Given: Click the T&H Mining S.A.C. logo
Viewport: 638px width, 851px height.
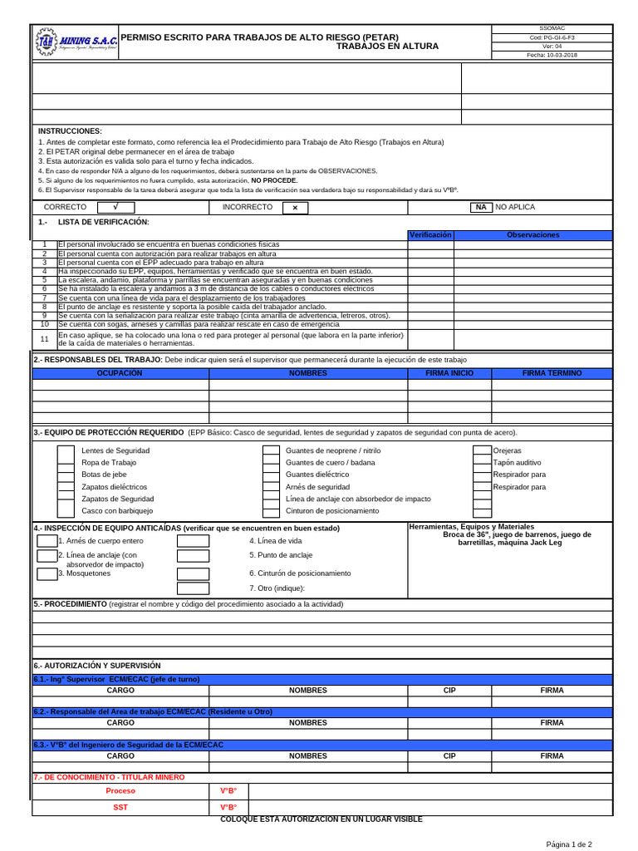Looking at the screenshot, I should tap(76, 42).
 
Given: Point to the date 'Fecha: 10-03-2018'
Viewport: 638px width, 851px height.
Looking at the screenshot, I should tap(552, 55).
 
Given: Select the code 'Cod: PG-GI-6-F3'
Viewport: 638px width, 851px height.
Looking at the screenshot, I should tap(552, 37).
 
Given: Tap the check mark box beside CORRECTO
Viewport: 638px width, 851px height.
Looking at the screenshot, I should tap(116, 207).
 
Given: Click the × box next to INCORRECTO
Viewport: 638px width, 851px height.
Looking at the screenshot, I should tap(294, 207).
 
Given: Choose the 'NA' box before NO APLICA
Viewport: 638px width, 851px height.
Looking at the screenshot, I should tap(480, 207).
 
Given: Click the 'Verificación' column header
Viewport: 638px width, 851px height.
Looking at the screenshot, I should tap(430, 235).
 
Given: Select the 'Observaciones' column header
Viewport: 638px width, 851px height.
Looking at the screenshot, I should tap(533, 235).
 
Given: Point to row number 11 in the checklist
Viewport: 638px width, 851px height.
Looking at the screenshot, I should tap(45, 339).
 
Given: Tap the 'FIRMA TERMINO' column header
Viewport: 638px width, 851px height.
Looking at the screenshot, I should tap(552, 373).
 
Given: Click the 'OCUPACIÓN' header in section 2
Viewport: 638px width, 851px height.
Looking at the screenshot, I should tap(120, 373).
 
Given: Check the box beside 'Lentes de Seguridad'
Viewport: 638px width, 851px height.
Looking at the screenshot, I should tap(66, 450).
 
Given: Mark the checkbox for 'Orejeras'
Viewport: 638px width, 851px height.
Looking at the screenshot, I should tap(482, 450).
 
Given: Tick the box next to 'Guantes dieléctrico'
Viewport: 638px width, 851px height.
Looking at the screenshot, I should tap(271, 475).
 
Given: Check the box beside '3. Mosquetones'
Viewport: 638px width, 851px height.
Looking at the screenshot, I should tap(47, 573).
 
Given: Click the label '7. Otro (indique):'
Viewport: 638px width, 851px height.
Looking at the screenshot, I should tap(277, 588).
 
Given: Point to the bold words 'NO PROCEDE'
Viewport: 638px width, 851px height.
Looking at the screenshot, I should tap(274, 180).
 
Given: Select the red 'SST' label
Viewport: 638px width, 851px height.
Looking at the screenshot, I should tap(120, 808).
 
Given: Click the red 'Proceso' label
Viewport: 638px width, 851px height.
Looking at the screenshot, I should tap(120, 791).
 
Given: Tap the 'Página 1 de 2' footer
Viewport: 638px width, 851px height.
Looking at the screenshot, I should tap(568, 844).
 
